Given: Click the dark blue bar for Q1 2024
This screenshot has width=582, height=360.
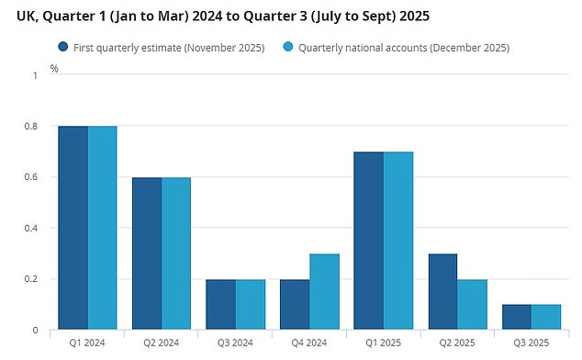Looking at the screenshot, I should (73, 227).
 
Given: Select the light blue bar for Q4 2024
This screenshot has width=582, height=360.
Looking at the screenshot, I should (324, 291).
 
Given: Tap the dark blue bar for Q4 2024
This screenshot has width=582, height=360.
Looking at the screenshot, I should (295, 304).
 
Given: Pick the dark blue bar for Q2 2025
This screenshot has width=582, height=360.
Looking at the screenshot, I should (442, 291).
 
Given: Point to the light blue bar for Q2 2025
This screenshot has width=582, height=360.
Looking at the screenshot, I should (472, 304).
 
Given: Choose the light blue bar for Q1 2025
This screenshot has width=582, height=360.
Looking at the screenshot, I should (398, 240).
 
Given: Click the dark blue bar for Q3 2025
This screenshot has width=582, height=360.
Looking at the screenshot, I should (517, 317).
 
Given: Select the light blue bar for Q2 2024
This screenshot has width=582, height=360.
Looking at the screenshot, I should (176, 253).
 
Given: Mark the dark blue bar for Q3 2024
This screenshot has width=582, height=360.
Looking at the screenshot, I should (220, 304).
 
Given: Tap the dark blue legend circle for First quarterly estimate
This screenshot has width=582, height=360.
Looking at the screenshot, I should (63, 47).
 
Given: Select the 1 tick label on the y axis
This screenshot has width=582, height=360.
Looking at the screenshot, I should (36, 75).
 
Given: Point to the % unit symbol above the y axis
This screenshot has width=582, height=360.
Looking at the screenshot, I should (54, 68).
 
